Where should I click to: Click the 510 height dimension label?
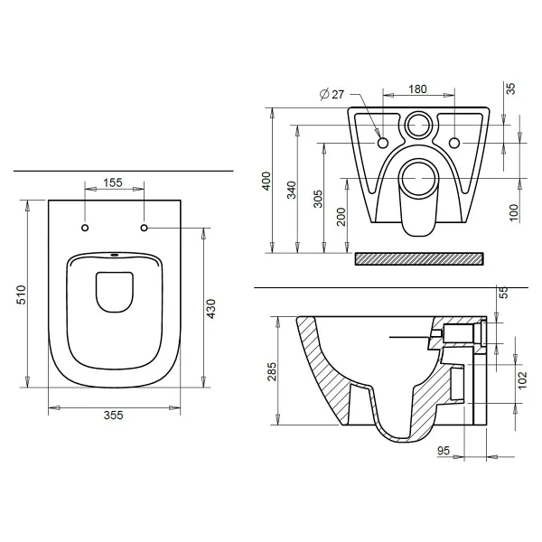point(22,294)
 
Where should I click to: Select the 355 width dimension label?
point(114,416)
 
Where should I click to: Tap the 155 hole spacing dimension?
point(113,182)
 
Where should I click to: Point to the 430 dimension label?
point(210,309)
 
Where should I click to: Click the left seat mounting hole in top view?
point(85,228)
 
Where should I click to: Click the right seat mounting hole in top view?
point(145,228)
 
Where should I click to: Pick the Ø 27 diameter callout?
point(332,94)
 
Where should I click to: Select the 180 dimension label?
point(417,89)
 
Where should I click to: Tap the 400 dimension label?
point(266,181)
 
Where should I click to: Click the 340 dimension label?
point(292,190)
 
